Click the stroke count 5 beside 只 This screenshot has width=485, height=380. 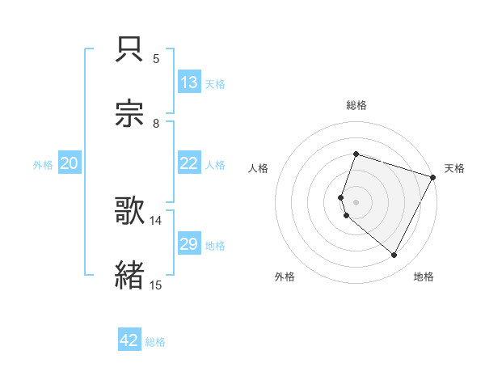[156, 59]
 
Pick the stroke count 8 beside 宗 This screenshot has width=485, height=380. [156, 124]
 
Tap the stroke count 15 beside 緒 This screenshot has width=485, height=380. [156, 285]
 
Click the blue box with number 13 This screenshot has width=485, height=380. [188, 82]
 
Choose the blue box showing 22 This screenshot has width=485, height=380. [188, 163]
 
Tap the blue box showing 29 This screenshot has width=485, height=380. [188, 244]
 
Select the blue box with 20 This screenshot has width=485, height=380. [69, 163]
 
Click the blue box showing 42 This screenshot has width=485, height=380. [129, 341]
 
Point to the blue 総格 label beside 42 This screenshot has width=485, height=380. [155, 342]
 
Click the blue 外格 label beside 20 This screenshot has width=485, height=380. [43, 164]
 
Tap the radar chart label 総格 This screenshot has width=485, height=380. [356, 105]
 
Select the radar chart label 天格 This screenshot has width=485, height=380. [454, 168]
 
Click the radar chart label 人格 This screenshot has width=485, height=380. [259, 168]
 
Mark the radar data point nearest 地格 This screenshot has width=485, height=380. [394, 255]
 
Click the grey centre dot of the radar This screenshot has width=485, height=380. [356, 201]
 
